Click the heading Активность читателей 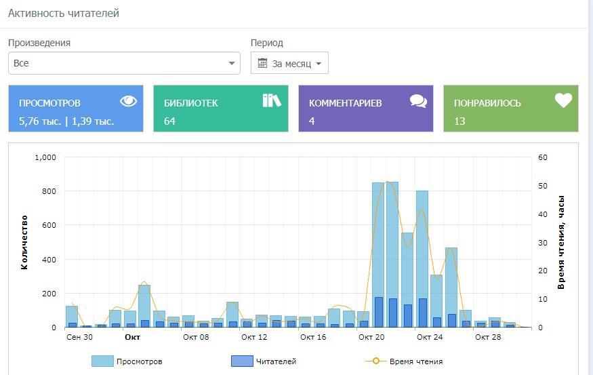[x=64, y=13]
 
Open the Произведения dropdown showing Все [x=124, y=63]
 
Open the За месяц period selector [x=289, y=64]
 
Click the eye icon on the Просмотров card [x=128, y=101]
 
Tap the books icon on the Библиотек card [x=272, y=101]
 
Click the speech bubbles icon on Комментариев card [x=418, y=102]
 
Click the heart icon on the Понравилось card [x=563, y=101]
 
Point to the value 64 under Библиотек [x=169, y=121]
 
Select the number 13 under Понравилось [x=459, y=121]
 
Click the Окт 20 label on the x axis [x=371, y=337]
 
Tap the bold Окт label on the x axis [x=133, y=337]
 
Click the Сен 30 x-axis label [x=80, y=337]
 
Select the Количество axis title [x=25, y=242]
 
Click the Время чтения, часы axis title [x=561, y=242]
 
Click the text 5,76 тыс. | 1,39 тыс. [x=66, y=121]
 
